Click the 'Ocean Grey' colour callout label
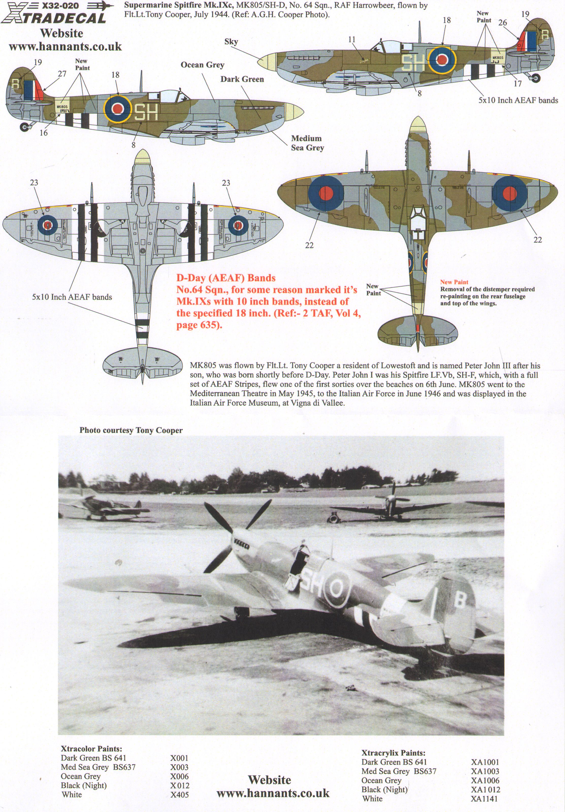coord(202,65)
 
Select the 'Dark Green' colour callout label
coord(242,79)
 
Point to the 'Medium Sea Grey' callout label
coord(307,143)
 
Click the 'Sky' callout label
coord(231,42)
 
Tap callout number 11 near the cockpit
coord(351,39)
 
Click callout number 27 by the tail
coord(62,74)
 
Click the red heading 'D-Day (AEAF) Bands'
coord(226,278)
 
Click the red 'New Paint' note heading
coord(454,282)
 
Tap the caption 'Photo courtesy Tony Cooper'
coord(131,431)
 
